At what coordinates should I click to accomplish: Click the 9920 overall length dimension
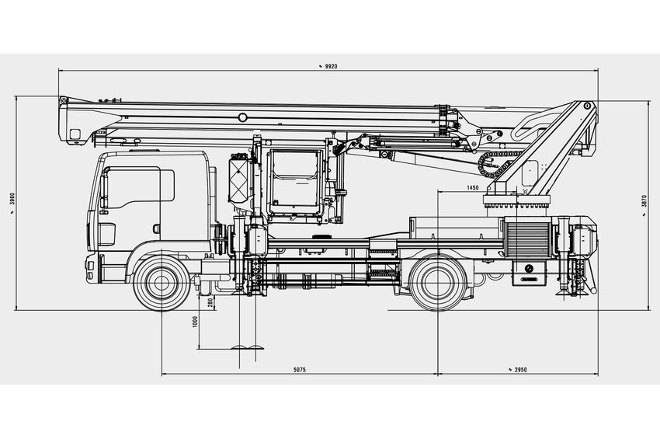(330, 68)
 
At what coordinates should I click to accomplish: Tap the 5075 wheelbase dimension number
(299, 370)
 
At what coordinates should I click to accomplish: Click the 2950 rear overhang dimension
(518, 370)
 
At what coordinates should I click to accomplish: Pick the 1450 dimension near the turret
(472, 187)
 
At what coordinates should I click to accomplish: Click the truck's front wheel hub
(162, 283)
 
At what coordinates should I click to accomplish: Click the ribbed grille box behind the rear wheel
(526, 237)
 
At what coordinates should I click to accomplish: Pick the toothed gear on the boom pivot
(491, 165)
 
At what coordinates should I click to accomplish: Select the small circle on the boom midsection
(243, 117)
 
